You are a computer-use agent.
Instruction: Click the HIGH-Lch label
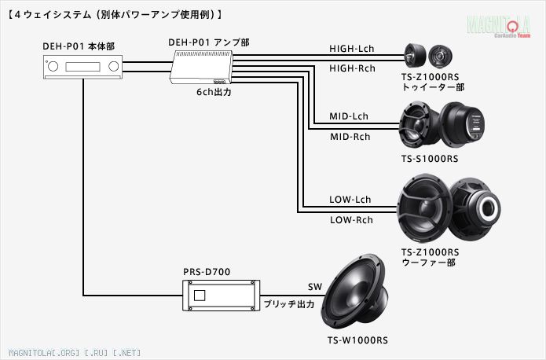pyautogui.click(x=351, y=49)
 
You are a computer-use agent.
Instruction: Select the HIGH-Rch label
pyautogui.click(x=351, y=69)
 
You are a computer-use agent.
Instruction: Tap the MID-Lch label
pyautogui.click(x=349, y=116)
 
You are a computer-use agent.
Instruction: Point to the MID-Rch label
pyautogui.click(x=349, y=137)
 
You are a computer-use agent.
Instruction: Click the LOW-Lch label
pyautogui.click(x=350, y=200)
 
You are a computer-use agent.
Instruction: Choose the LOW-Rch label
pyautogui.click(x=350, y=220)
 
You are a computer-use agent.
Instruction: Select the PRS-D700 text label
pyautogui.click(x=207, y=272)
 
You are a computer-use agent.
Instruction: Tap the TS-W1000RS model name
pyautogui.click(x=357, y=340)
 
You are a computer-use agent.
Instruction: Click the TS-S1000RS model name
pyautogui.click(x=429, y=159)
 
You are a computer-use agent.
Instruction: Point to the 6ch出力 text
pyautogui.click(x=214, y=92)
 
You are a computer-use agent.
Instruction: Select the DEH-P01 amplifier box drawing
pyautogui.click(x=201, y=72)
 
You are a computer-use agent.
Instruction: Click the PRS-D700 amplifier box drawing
pyautogui.click(x=218, y=297)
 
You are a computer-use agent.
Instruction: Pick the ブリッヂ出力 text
pyautogui.click(x=288, y=303)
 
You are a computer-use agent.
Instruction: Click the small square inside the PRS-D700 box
pyautogui.click(x=200, y=296)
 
